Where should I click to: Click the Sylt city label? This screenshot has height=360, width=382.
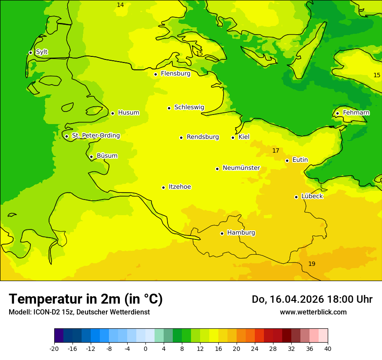[x=42, y=52]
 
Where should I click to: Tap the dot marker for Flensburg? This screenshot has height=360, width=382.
[x=155, y=74]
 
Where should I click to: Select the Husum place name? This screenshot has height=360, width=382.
[x=128, y=113]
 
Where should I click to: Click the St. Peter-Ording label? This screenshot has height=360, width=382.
[x=95, y=136]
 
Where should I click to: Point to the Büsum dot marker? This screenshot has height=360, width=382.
[x=91, y=157]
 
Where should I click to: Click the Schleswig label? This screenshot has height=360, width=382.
[x=189, y=107]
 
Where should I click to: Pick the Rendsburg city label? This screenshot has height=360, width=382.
[x=202, y=137]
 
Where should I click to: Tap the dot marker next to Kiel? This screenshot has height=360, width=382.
[x=233, y=137]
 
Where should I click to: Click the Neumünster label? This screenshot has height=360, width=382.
[x=241, y=168]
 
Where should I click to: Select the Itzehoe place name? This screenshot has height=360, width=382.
[x=179, y=187]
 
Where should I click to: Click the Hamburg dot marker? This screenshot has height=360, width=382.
[x=222, y=233]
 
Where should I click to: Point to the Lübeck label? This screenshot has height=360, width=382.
[x=312, y=196]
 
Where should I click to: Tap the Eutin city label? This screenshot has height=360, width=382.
[x=300, y=160]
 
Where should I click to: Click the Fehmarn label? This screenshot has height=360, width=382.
[x=356, y=113]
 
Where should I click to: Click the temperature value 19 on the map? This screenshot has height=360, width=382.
[x=312, y=264]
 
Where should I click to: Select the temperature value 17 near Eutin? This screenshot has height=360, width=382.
[x=276, y=151]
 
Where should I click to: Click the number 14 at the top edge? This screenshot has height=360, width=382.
[x=120, y=5]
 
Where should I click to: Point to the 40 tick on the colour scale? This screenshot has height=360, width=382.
[x=328, y=348]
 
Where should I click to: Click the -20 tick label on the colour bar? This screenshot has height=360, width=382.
[x=54, y=348]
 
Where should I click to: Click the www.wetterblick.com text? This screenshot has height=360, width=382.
[x=313, y=312]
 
